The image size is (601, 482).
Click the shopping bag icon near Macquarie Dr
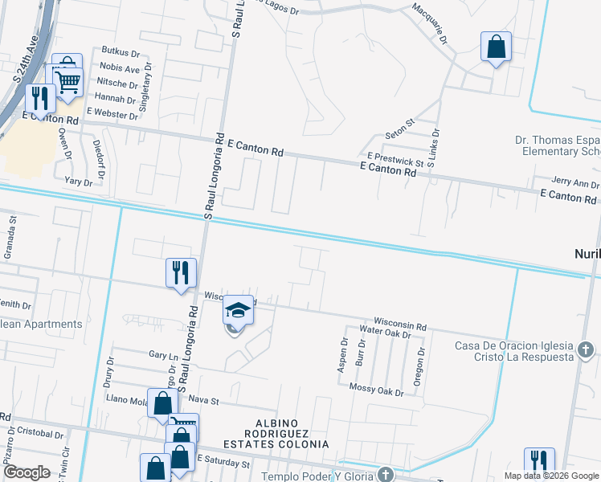coord(497,47)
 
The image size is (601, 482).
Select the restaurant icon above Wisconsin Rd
coord(181,273)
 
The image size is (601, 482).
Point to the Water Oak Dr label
coord(386,330)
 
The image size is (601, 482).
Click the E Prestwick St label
coord(395,157)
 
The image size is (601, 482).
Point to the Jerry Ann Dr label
coord(575,184)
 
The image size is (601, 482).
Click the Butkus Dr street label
coord(121,53)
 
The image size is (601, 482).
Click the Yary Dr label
coord(79,182)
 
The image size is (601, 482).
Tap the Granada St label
coord(12,230)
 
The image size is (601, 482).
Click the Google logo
coord(27,472)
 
